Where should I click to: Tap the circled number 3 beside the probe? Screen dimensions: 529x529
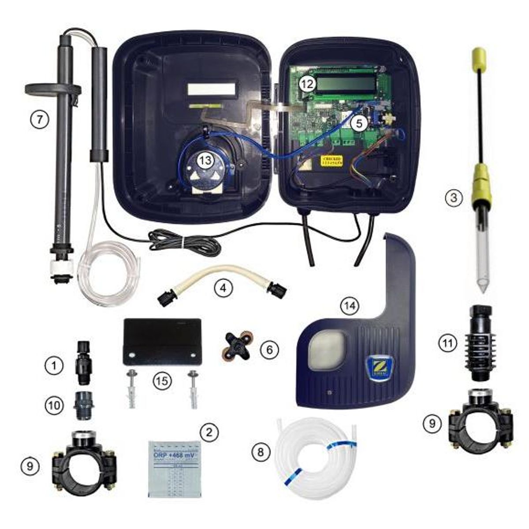[x=451, y=198]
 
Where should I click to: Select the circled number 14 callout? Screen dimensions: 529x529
[x=351, y=305]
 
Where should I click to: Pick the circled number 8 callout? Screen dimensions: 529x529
[x=260, y=452]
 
